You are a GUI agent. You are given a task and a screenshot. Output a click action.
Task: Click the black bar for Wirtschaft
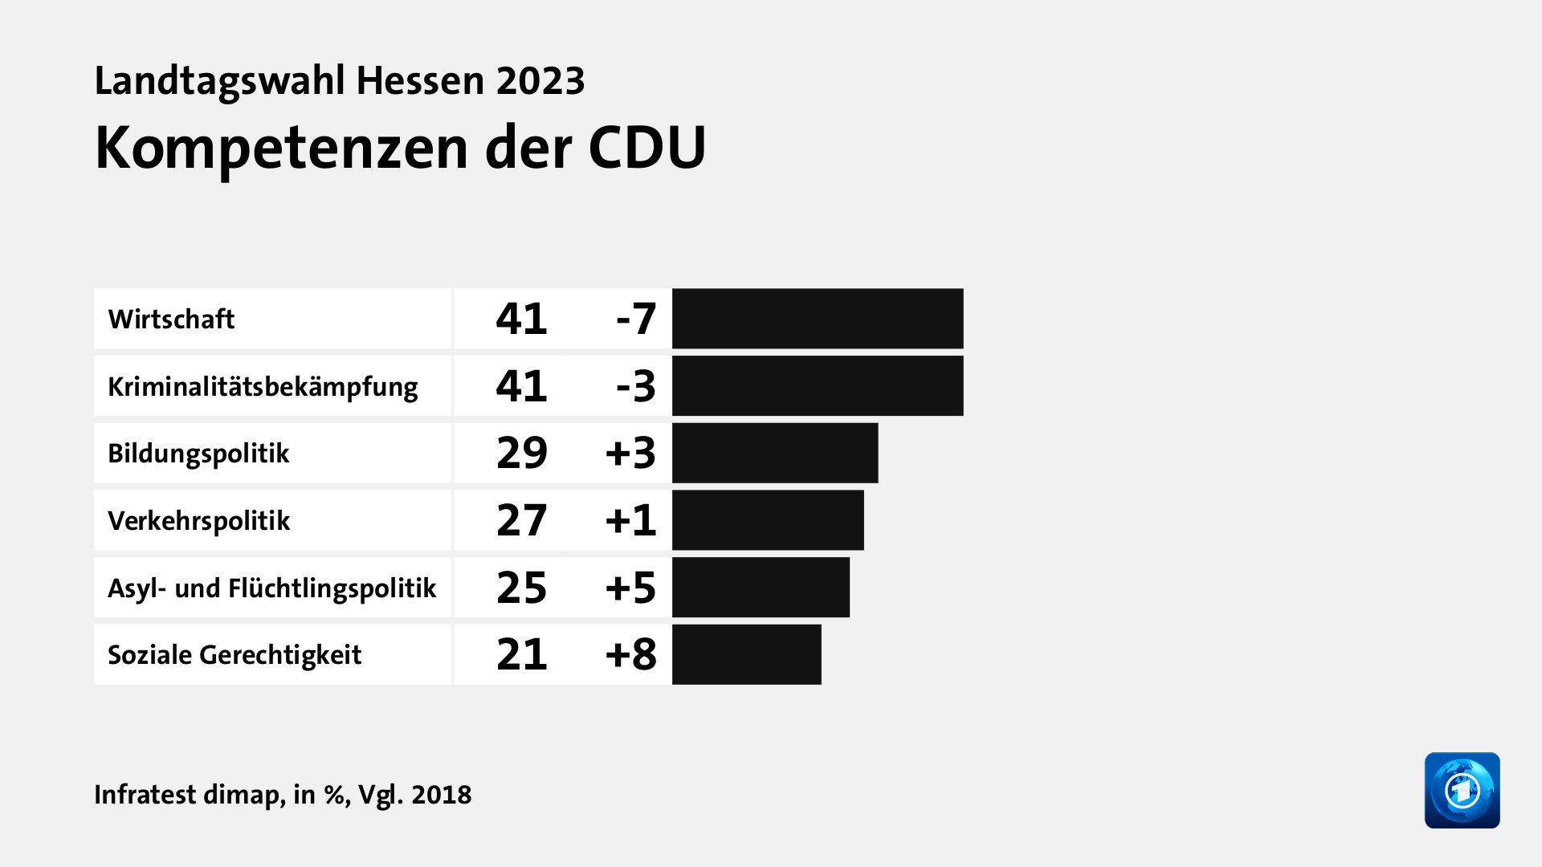point(818,319)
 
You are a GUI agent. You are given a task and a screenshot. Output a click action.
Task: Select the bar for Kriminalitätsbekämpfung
point(818,386)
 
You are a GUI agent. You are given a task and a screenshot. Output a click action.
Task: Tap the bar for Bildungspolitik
point(775,454)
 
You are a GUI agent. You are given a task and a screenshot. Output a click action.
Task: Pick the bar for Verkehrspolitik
point(768,520)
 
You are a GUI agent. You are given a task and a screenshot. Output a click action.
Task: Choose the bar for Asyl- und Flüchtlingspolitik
point(761,588)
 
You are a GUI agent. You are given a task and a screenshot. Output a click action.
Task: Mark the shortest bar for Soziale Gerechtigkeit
point(747,655)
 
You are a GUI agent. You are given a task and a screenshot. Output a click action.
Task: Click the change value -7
point(636,320)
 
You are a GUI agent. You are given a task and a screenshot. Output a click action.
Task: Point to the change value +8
point(630,655)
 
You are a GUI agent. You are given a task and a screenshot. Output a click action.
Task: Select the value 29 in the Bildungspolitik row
point(522,454)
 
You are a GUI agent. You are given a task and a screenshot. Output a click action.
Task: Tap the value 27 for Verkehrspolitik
point(522,520)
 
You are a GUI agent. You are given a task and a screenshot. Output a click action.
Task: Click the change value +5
point(630,588)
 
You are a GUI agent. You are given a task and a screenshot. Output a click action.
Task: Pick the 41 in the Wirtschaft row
point(522,319)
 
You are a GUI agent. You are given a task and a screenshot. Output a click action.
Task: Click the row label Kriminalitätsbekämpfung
point(263,387)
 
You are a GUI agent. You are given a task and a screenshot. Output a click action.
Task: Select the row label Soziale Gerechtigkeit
point(235,655)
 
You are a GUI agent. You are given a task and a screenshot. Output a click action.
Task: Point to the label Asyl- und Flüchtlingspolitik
point(271,588)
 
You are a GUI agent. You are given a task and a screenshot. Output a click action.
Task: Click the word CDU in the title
point(647,149)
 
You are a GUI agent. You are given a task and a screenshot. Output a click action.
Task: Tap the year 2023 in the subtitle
point(540,81)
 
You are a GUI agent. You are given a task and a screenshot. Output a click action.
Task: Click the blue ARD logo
point(1462,790)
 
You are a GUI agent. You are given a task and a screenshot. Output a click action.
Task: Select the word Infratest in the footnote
point(145,794)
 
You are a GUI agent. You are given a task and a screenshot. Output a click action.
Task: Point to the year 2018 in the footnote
point(441,794)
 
